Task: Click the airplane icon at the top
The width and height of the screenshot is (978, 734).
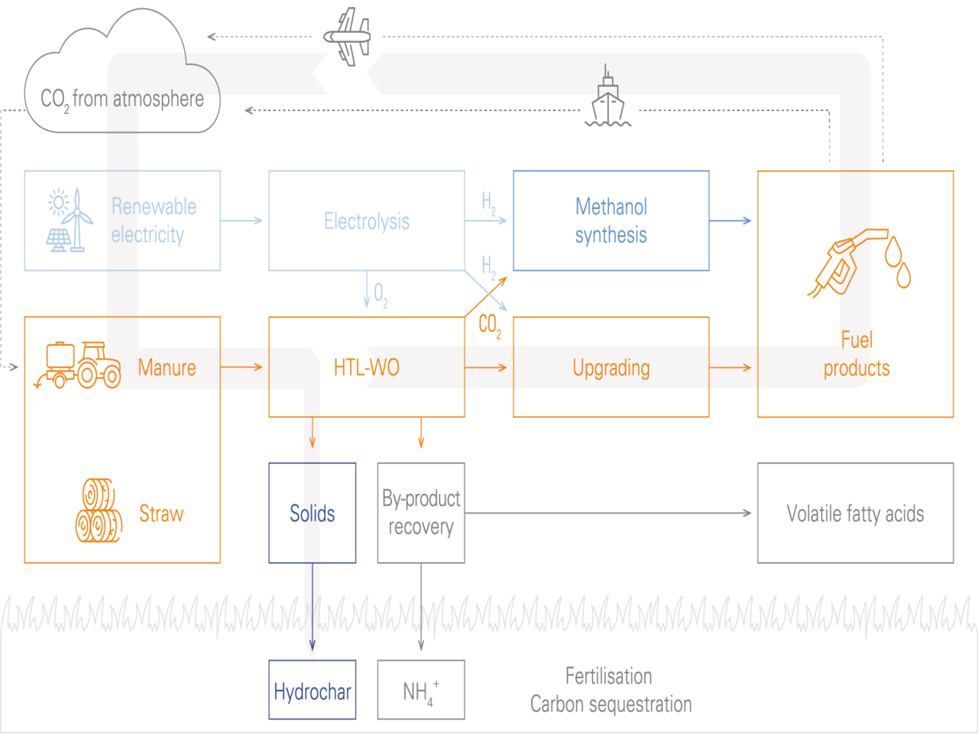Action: click(348, 36)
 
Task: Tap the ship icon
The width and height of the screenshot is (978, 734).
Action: click(608, 99)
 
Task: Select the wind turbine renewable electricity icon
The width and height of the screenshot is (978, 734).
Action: click(69, 220)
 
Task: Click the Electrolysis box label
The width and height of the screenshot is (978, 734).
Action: click(367, 221)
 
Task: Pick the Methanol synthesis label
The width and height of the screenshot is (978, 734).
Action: click(611, 220)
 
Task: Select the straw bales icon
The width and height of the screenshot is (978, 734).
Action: click(99, 510)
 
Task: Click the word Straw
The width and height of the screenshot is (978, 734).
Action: click(161, 514)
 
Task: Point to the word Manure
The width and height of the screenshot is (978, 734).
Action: click(167, 368)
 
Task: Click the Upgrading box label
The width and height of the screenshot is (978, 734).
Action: click(611, 368)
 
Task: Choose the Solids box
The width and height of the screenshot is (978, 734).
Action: click(313, 513)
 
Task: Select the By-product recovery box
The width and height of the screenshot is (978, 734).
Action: click(421, 513)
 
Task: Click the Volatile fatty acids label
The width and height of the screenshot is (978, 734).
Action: click(855, 514)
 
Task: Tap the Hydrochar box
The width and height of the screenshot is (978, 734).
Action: click(313, 690)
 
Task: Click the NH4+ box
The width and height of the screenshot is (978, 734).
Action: click(421, 690)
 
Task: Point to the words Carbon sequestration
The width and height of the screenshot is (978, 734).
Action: click(611, 704)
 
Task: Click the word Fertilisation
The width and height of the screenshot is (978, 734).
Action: click(609, 676)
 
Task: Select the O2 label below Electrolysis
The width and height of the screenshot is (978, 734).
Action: click(380, 294)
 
